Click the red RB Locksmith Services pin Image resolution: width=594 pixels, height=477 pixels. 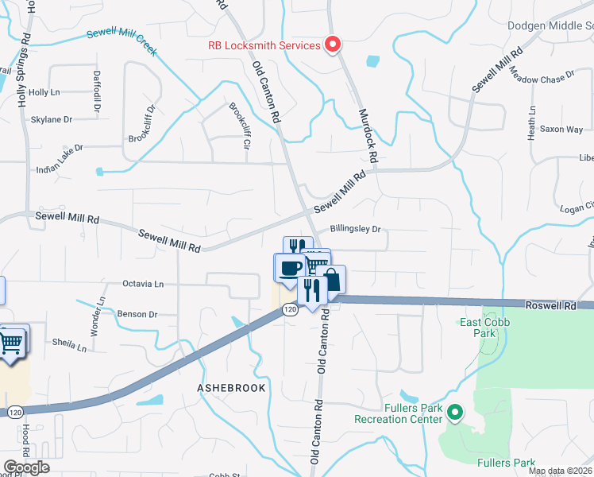(x=333, y=45)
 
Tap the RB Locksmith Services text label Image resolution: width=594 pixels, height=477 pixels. (x=264, y=45)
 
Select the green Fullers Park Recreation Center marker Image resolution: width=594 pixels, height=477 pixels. (x=454, y=413)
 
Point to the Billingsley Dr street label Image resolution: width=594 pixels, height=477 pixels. (x=356, y=229)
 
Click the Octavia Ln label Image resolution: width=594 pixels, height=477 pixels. (x=143, y=283)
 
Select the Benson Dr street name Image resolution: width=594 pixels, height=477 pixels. (x=137, y=314)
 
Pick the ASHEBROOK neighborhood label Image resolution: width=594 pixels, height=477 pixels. (x=230, y=387)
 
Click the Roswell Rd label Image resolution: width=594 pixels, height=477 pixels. (x=550, y=304)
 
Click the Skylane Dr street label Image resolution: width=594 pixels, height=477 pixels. (x=51, y=119)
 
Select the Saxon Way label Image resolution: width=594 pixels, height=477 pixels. (x=561, y=129)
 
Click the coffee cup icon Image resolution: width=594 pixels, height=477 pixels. (x=290, y=267)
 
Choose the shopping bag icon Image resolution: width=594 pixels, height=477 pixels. (x=332, y=279)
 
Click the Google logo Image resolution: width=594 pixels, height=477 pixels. (x=26, y=467)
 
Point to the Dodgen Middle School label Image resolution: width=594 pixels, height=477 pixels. (x=550, y=26)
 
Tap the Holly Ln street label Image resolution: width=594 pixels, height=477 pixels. (x=44, y=92)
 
